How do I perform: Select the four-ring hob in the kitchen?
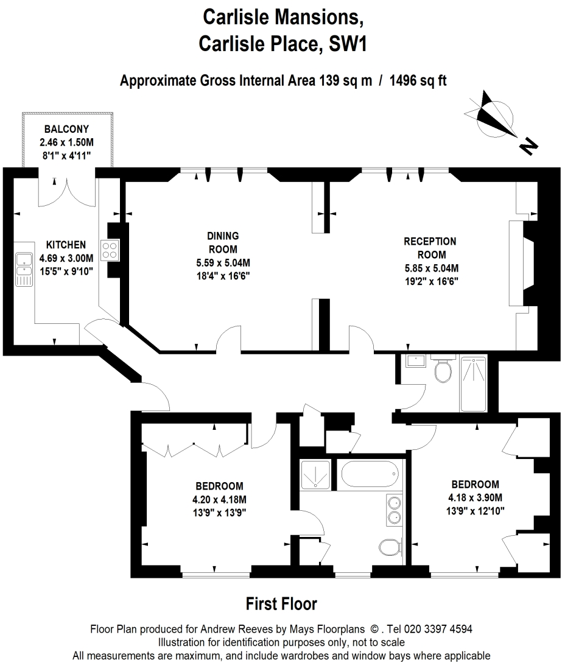110,250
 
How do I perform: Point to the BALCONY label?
66,129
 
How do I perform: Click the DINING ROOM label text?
222,242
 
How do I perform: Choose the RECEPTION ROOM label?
430,248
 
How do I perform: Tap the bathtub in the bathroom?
370,474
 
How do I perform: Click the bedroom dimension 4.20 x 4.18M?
219,499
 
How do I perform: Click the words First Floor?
281,604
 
